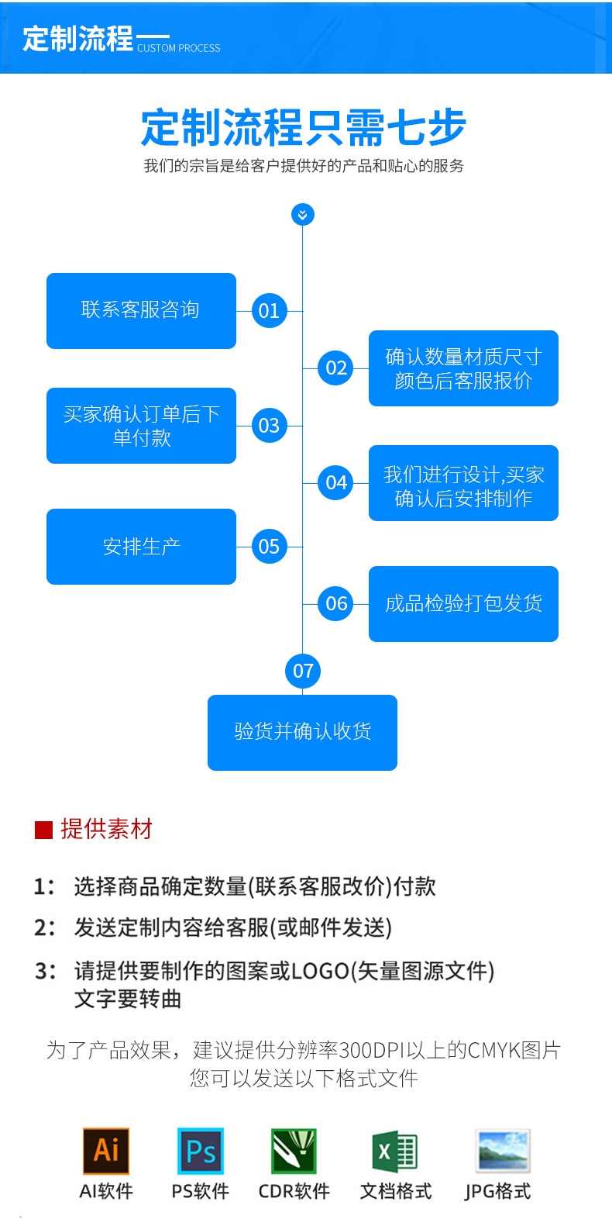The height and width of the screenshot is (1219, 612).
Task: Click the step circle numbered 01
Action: [x=269, y=311]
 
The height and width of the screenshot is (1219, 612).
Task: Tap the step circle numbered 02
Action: [x=336, y=368]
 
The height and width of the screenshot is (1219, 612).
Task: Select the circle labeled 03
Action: [x=269, y=426]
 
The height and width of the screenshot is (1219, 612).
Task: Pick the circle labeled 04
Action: [x=336, y=482]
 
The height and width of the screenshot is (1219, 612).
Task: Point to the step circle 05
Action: [x=269, y=547]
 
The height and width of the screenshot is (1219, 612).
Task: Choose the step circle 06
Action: [x=336, y=603]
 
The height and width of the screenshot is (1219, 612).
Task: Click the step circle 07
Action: [x=303, y=671]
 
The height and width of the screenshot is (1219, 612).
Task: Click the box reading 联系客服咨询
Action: [x=141, y=310]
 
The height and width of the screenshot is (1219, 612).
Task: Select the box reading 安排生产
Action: [x=141, y=547]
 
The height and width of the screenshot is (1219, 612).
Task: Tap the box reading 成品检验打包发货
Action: [x=463, y=603]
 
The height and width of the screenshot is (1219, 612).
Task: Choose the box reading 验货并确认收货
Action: [x=302, y=732]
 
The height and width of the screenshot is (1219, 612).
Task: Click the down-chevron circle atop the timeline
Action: [x=302, y=215]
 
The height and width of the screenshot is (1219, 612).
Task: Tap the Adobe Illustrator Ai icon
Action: [x=106, y=1151]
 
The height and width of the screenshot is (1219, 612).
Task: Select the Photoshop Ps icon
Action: [x=201, y=1151]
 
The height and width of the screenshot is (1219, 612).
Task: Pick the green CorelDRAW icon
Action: [x=294, y=1151]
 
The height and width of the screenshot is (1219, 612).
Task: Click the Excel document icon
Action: [x=395, y=1151]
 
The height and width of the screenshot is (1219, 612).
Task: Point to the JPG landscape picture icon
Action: [x=502, y=1151]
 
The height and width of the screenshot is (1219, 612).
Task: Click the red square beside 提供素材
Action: [x=43, y=830]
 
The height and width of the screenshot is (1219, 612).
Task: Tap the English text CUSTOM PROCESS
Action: [x=179, y=48]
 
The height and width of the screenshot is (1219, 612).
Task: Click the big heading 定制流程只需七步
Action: [x=304, y=128]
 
